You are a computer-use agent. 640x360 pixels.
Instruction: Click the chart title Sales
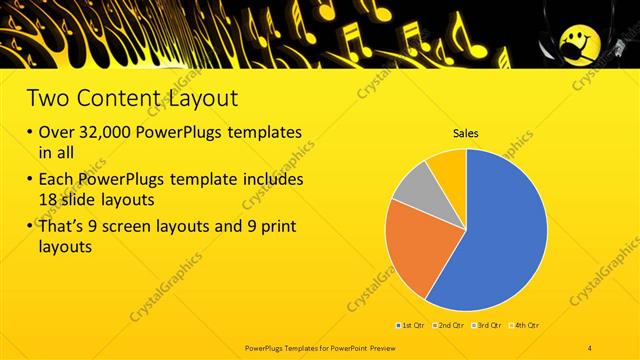click(x=466, y=132)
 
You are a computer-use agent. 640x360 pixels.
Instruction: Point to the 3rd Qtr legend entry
click(x=488, y=326)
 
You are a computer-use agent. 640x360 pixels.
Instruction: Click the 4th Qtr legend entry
click(x=525, y=326)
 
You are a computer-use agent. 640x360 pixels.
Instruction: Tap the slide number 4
click(x=591, y=346)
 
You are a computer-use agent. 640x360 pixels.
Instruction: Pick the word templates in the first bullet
click(x=259, y=133)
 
